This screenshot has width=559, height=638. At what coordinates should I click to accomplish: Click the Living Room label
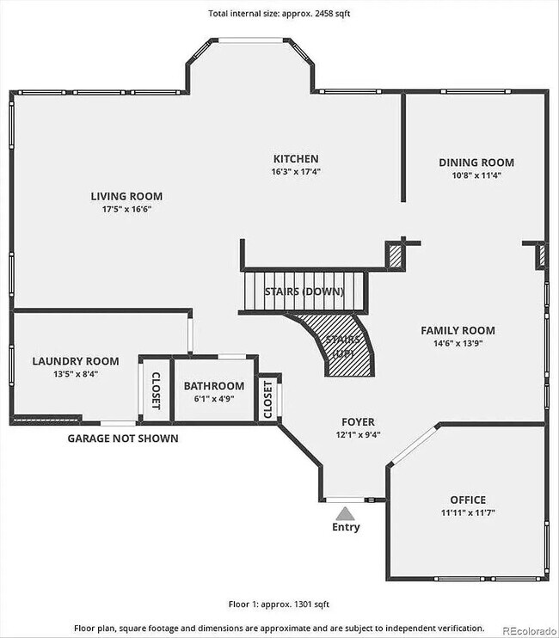click(x=126, y=196)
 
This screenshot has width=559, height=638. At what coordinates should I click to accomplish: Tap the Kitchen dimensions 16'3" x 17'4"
click(x=296, y=172)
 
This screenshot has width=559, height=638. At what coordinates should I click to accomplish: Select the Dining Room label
click(x=476, y=163)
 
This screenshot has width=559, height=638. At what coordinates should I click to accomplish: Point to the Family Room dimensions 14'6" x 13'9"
click(x=458, y=344)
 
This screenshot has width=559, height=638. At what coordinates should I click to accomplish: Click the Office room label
click(x=468, y=500)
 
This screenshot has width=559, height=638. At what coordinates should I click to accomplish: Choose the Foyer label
click(x=358, y=421)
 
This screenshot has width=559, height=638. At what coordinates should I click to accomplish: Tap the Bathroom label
click(x=213, y=386)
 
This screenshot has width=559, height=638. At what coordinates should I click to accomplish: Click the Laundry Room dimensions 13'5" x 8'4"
click(x=64, y=374)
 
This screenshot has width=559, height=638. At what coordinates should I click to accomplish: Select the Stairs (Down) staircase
click(x=304, y=291)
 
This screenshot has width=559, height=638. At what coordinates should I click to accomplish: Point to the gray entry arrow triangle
click(x=345, y=512)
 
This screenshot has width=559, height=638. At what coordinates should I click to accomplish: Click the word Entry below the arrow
click(x=346, y=527)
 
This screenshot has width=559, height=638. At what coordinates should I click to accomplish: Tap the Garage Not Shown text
click(x=123, y=439)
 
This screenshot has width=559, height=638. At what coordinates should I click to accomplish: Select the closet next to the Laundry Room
click(x=156, y=389)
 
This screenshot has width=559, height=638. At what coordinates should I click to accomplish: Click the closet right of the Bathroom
click(x=268, y=400)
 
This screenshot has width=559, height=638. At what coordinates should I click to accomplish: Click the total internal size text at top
click(x=279, y=13)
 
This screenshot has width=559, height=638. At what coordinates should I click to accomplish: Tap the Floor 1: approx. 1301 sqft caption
click(x=279, y=604)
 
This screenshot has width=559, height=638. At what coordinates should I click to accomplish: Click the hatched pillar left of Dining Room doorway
click(x=396, y=256)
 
